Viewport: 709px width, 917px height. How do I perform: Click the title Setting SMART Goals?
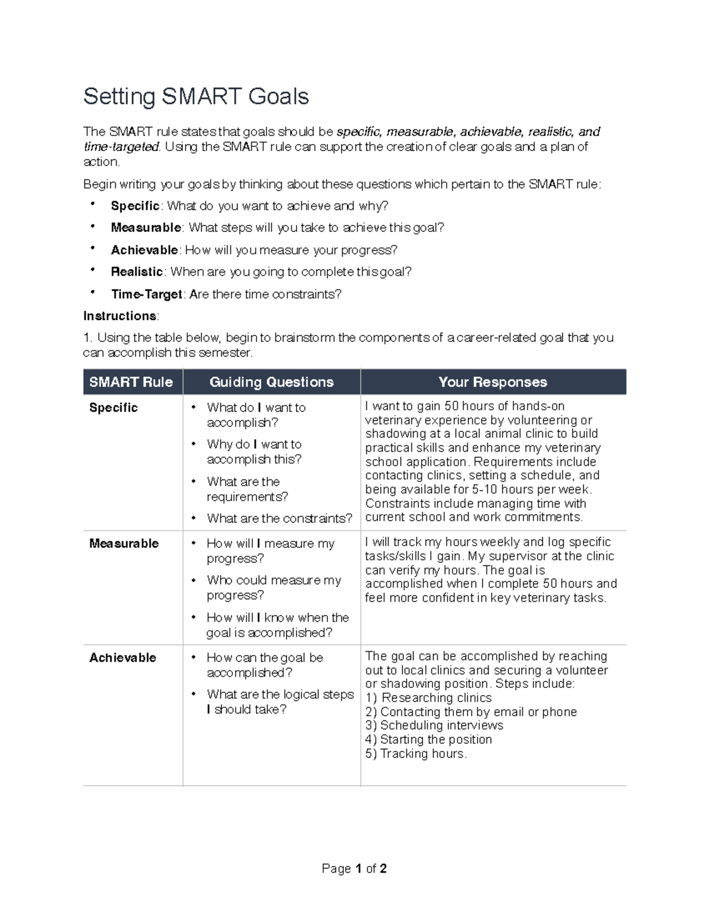tap(196, 96)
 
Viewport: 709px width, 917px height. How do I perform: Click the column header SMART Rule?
tap(131, 382)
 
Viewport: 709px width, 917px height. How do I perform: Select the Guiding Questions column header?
tap(271, 382)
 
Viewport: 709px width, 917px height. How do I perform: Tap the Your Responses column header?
tap(492, 382)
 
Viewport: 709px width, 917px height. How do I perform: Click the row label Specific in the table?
tap(113, 407)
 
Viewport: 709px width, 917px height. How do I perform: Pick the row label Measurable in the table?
tap(123, 543)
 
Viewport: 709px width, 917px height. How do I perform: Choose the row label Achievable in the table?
tap(122, 657)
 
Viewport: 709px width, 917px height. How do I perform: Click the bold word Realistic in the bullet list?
tap(136, 272)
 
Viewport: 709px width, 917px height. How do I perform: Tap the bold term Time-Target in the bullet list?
tap(146, 294)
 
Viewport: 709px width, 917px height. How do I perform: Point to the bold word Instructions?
tap(120, 316)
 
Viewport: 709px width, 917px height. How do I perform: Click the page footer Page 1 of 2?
tap(354, 869)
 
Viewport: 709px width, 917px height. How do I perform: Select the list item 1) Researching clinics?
tap(428, 698)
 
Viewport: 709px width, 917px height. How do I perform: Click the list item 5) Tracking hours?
tap(416, 753)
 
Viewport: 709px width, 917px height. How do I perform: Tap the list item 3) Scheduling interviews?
tap(434, 725)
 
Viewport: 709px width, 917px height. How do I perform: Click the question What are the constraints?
tap(279, 518)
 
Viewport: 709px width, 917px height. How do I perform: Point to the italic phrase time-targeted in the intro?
tap(121, 146)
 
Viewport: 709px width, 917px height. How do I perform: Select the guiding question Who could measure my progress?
tap(274, 588)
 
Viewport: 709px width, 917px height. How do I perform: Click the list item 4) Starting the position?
tap(428, 739)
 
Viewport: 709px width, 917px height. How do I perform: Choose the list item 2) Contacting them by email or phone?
tap(471, 712)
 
